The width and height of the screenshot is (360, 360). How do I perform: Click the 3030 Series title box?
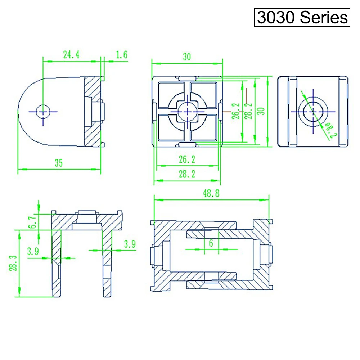(302, 17)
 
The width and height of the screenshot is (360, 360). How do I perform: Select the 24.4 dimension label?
(71, 55)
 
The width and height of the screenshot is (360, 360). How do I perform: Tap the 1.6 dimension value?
(121, 55)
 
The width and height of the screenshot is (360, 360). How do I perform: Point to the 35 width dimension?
(59, 163)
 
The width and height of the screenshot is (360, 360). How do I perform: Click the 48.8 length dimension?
(211, 193)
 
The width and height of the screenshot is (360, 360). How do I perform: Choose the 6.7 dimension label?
(32, 221)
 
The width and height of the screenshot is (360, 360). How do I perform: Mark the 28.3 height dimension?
(13, 263)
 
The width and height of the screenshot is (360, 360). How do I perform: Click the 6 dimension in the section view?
(211, 243)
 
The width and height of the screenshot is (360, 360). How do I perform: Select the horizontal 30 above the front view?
(187, 57)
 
